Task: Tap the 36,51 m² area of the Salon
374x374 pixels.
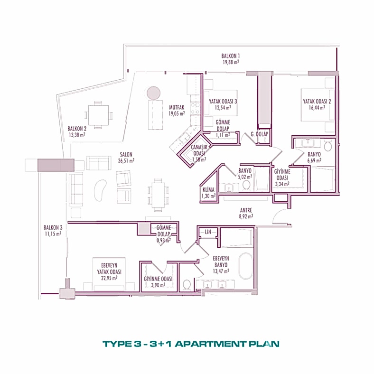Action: pos(126,160)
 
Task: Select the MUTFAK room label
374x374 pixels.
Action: pos(176,107)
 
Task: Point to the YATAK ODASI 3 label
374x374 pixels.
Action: pos(223,101)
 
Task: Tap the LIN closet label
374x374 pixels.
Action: pos(207,231)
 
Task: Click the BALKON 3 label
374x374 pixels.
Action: pos(52,227)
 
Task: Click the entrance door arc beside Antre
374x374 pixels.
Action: pos(281,216)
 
